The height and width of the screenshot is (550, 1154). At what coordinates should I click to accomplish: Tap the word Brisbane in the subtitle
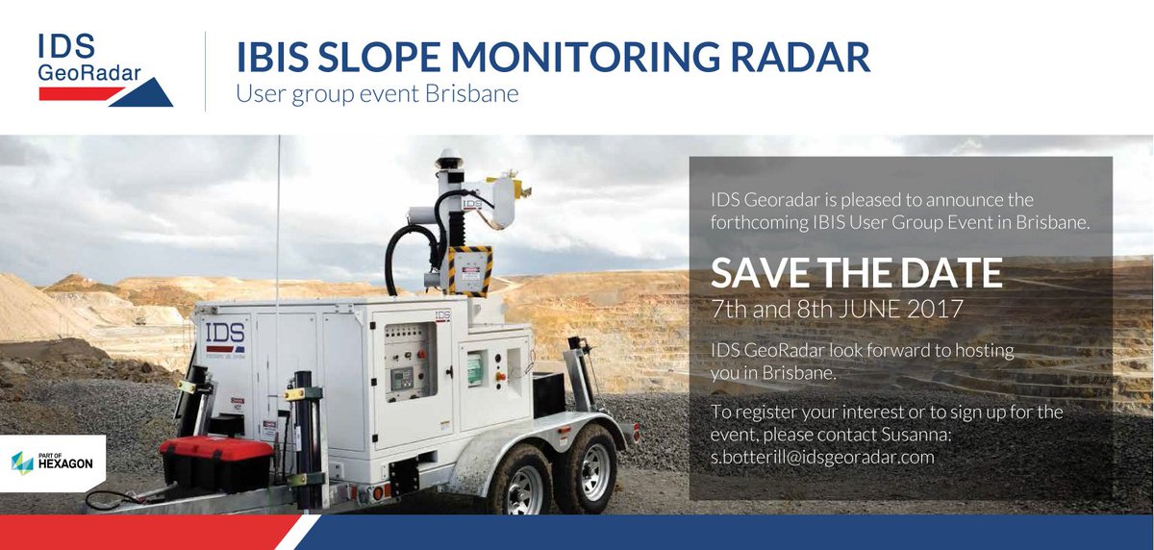click(473, 95)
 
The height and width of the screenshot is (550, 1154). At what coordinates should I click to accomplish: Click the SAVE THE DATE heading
click(856, 274)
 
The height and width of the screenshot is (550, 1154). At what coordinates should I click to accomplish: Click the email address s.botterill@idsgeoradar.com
click(822, 457)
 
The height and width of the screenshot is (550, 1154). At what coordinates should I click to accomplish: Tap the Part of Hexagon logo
click(52, 462)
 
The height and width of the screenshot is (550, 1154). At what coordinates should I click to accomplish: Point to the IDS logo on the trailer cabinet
click(224, 336)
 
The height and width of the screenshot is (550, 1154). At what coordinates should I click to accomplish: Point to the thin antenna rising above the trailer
click(279, 221)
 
